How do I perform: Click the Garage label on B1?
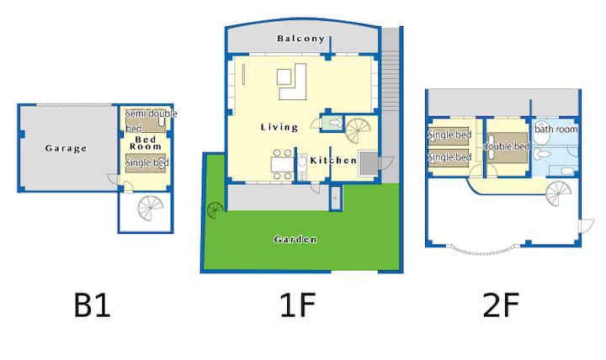(x=66, y=148)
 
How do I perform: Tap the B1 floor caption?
(x=92, y=305)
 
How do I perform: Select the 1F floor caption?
(x=298, y=305)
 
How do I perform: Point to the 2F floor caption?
(x=501, y=305)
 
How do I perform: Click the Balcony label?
(x=300, y=38)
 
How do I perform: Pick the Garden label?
(x=295, y=240)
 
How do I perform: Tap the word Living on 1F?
(x=279, y=127)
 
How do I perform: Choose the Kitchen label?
(x=333, y=161)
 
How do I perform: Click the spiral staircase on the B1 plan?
(x=151, y=209)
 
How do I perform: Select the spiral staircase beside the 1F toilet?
(x=358, y=130)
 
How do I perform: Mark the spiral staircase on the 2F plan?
(x=559, y=193)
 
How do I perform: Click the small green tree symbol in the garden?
(x=215, y=211)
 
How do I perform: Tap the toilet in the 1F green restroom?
(x=335, y=123)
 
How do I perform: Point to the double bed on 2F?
(x=507, y=147)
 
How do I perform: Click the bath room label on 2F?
(x=556, y=129)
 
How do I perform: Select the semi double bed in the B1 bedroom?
(x=146, y=121)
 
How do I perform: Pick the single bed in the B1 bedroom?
(x=146, y=163)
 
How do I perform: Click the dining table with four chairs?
(x=283, y=165)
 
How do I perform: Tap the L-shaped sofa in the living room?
(x=294, y=82)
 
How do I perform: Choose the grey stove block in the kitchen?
(x=369, y=164)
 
